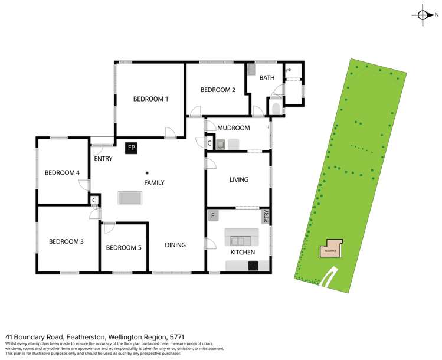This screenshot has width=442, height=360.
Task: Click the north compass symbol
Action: [424, 15]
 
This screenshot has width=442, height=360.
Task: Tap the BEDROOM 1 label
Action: [150, 99]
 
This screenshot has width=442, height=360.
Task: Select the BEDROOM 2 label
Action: [218, 90]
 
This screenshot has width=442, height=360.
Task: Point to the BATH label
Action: [267, 78]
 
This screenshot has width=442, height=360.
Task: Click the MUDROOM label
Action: [234, 128]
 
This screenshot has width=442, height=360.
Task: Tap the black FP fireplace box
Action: [131, 147]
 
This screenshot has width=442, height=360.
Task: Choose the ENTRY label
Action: [103, 159]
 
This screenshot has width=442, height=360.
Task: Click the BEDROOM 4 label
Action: [63, 173]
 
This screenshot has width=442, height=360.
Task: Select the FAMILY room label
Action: [154, 183]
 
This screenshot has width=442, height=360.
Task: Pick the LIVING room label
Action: [238, 180]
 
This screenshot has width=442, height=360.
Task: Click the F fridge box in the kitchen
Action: [213, 216]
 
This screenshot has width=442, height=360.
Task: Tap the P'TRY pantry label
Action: [266, 216]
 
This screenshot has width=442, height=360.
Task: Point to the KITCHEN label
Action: [243, 253]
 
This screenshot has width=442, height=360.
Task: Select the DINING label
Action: [175, 246]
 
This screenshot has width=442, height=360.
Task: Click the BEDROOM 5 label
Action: [123, 248]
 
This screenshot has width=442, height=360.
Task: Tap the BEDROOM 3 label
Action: [66, 241]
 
